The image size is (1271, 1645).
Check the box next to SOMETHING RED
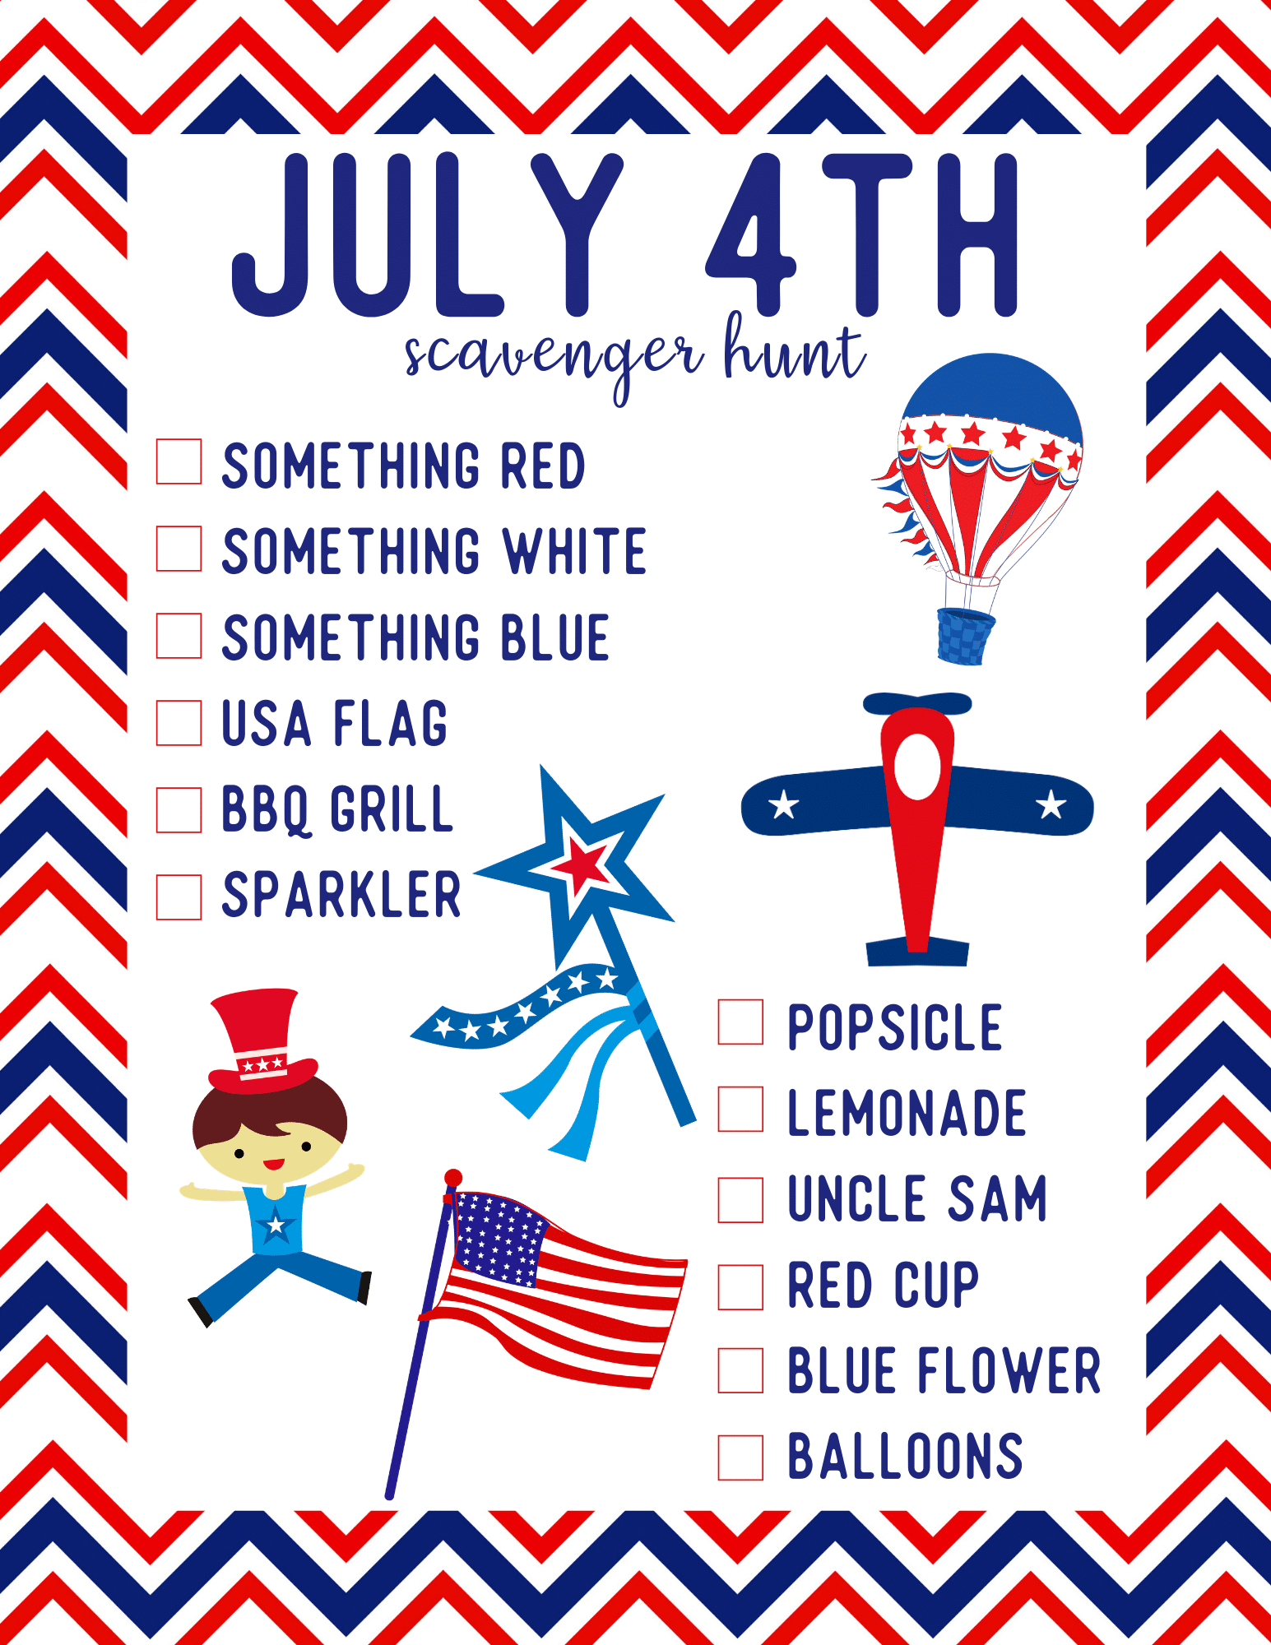[179, 461]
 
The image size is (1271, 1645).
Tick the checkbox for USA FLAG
[179, 723]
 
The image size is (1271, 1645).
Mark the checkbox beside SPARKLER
[179, 897]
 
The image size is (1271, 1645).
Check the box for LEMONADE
[740, 1109]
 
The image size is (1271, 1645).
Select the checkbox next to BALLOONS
[740, 1457]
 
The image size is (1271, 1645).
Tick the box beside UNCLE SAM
[740, 1199]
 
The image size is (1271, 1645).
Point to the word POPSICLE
[895, 1027]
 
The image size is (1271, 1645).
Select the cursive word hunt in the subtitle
[794, 349]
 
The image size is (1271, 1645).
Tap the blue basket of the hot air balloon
[965, 637]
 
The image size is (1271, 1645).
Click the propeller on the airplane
[917, 704]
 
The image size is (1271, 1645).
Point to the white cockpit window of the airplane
[917, 767]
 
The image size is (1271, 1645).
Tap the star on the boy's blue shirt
[276, 1226]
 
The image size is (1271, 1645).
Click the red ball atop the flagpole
[453, 1178]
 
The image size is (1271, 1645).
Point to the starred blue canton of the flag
[498, 1239]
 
